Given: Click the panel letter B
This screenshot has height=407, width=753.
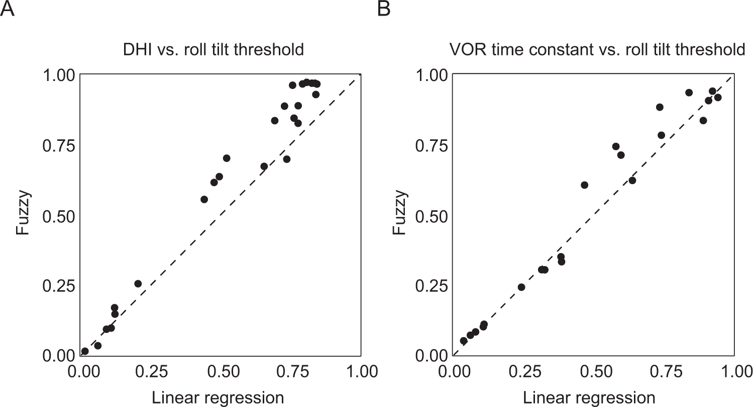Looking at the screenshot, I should tap(384, 9).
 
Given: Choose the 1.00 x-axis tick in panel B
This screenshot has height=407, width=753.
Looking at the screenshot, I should tap(733, 372).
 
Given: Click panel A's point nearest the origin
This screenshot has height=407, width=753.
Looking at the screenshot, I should tap(85, 351).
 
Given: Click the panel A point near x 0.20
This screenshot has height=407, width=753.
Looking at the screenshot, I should tap(138, 284).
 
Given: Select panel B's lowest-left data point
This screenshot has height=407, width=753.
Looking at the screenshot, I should tap(464, 341).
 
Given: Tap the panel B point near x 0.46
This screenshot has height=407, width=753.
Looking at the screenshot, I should tap(584, 185).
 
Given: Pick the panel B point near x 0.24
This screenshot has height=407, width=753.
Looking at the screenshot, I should tap(521, 287).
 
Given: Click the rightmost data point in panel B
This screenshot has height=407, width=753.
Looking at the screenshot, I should tap(718, 97).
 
